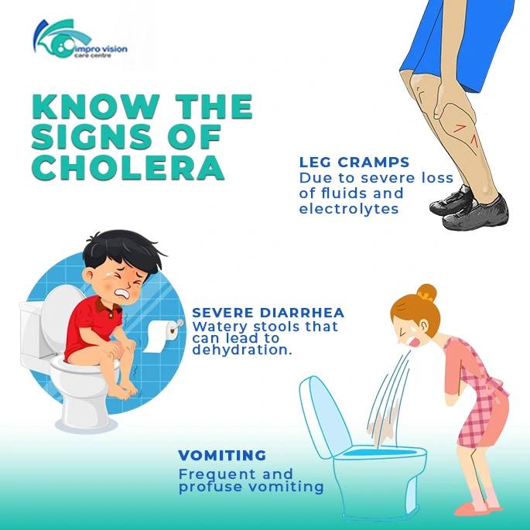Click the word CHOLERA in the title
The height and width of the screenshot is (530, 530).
point(128,168)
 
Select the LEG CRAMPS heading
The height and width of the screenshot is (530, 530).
point(354,162)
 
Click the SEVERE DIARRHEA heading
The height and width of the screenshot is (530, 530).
point(268,313)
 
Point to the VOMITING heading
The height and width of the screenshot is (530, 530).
point(222,455)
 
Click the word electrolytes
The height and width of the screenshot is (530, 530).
point(349,209)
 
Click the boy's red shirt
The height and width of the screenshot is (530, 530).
point(91,324)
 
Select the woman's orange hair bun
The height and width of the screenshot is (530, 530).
point(426,292)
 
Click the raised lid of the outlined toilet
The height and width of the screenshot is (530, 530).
point(322,415)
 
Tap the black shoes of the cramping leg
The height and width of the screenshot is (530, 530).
point(470,207)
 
